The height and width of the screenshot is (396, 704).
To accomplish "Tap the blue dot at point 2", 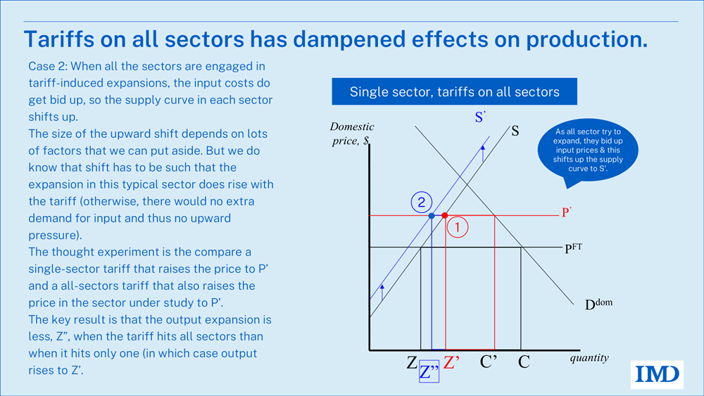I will point(432,215).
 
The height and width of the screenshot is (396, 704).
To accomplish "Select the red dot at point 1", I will point(444,215).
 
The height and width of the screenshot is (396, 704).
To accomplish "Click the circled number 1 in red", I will point(458,227).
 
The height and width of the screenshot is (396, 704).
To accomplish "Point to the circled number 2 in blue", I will point(421,203).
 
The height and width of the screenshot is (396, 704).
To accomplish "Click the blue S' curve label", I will point(481,117).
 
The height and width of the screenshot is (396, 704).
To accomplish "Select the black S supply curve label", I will point(515,130).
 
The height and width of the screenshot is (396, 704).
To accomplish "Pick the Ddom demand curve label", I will point(597,305).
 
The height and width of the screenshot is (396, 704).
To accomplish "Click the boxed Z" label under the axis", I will point(428,372).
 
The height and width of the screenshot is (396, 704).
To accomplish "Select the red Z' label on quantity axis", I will point(451,364).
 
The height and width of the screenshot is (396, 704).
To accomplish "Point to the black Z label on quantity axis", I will point(411,364).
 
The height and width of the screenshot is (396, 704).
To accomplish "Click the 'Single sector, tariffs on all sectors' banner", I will point(455,92).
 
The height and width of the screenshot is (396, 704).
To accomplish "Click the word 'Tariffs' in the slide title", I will point(61,39).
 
